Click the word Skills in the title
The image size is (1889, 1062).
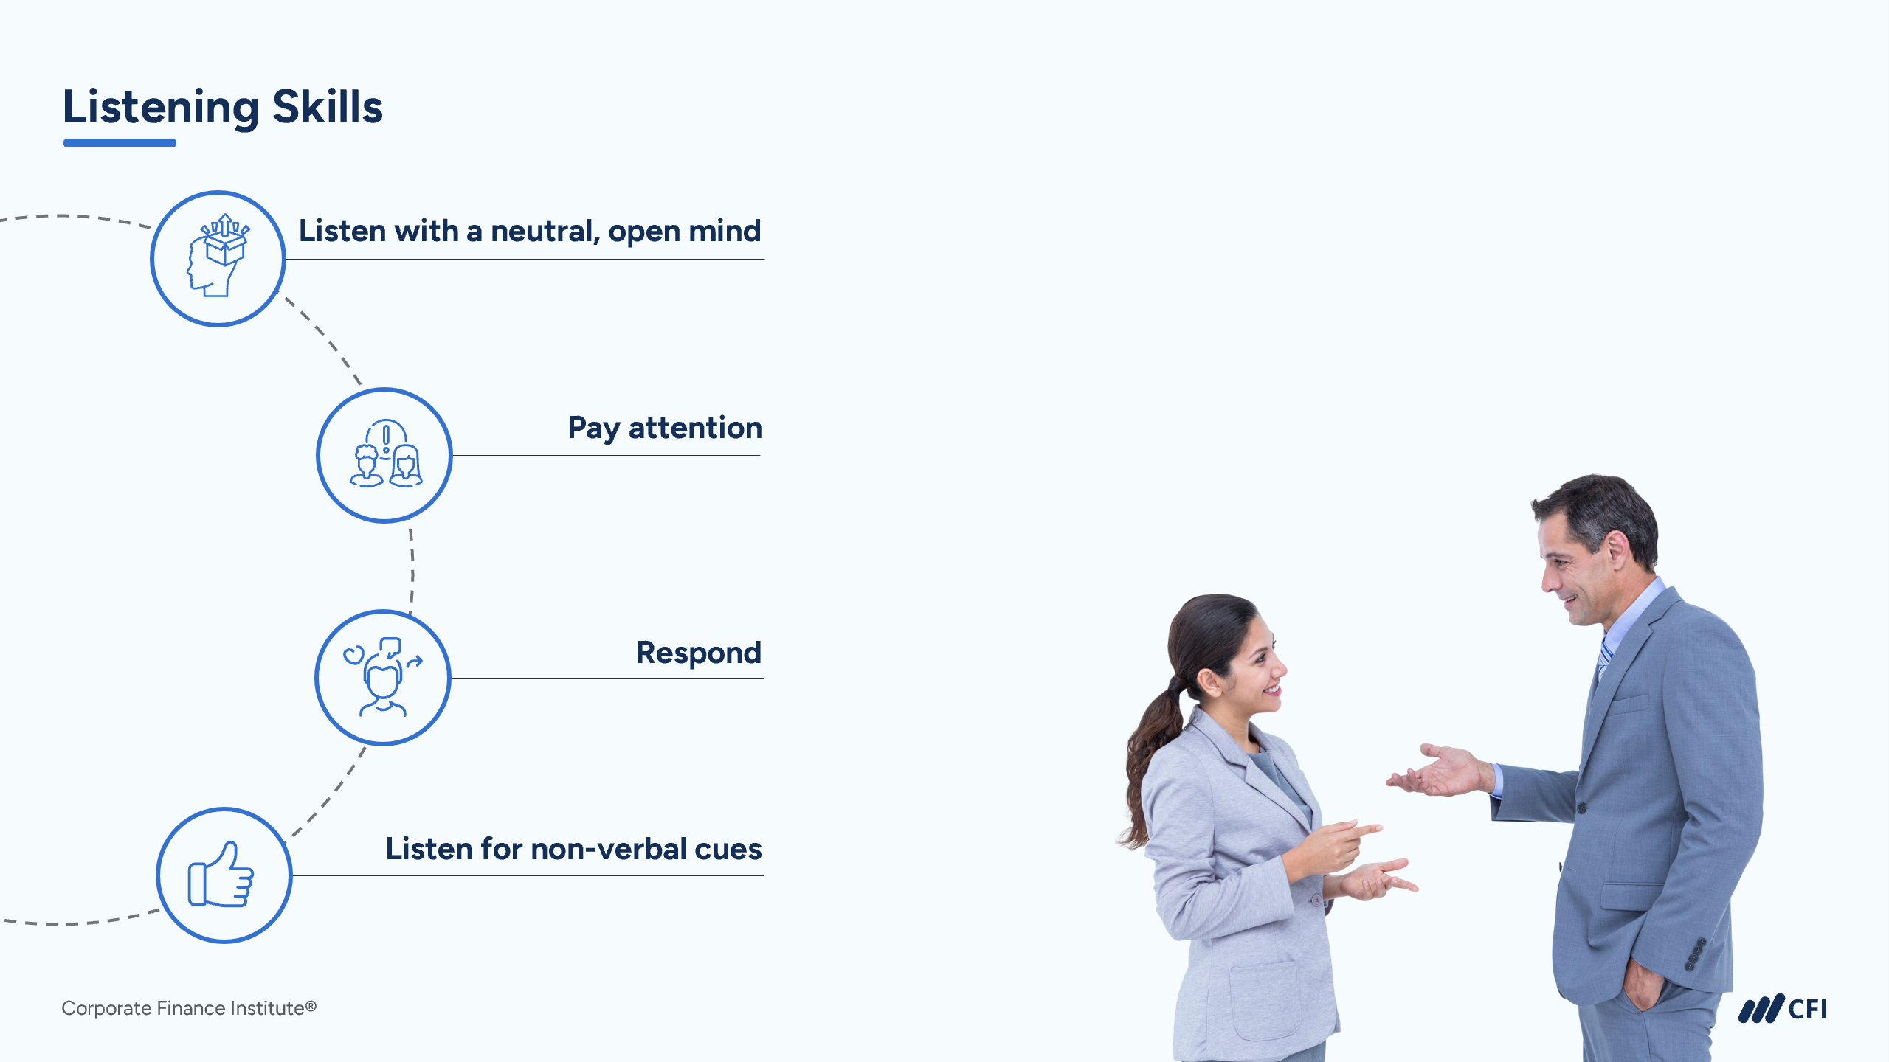pyautogui.click(x=328, y=106)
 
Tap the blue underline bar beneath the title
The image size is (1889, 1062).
pyautogui.click(x=120, y=143)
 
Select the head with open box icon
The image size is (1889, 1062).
pyautogui.click(x=218, y=255)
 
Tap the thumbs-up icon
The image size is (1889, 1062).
pyautogui.click(x=221, y=874)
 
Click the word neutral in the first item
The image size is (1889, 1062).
pyautogui.click(x=545, y=231)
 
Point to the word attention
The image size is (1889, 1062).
pyautogui.click(x=695, y=428)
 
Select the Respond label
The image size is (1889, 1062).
pyautogui.click(x=698, y=653)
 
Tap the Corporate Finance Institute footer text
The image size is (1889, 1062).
pyautogui.click(x=189, y=1008)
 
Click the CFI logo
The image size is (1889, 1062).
pyautogui.click(x=1782, y=1009)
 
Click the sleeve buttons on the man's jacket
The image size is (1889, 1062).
pyautogui.click(x=1695, y=954)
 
